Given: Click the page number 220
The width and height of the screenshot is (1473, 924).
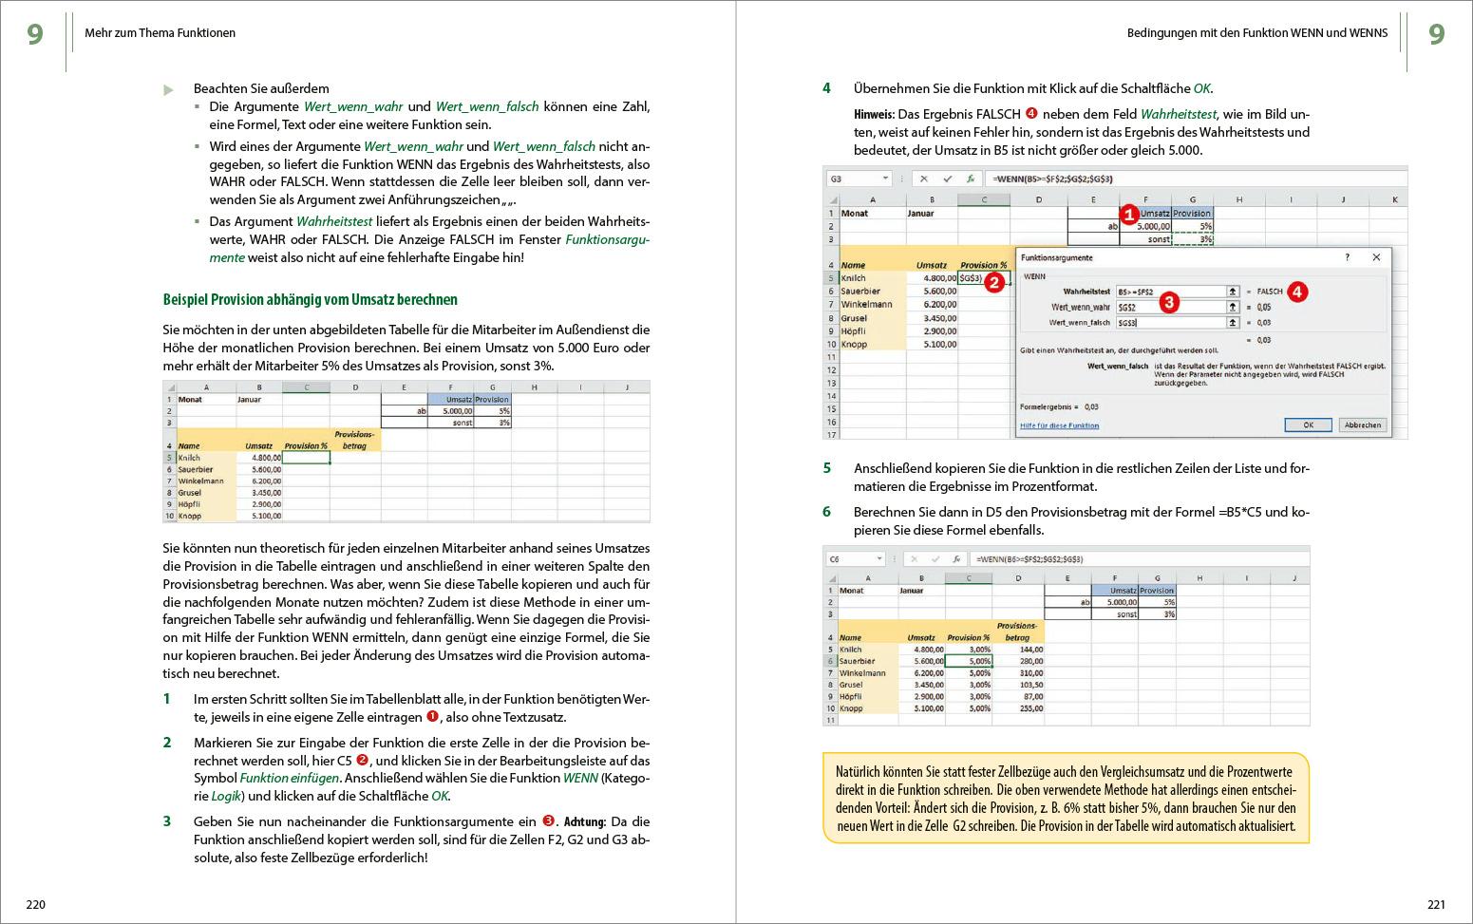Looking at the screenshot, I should click(35, 904).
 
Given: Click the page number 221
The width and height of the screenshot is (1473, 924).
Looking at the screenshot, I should click(1436, 904).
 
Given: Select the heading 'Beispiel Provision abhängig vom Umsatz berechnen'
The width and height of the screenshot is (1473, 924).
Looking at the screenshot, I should click(310, 299).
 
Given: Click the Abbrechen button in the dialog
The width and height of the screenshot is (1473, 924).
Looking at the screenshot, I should click(1362, 424).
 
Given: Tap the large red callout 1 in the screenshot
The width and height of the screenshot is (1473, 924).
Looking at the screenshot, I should click(1128, 215).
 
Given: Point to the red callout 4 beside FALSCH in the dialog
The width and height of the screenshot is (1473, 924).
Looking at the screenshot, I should click(1297, 292).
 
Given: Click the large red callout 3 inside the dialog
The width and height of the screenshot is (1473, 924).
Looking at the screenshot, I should click(1169, 302).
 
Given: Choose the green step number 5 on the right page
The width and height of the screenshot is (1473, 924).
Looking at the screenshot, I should click(827, 468).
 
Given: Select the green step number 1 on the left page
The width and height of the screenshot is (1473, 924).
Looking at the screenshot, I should click(167, 699).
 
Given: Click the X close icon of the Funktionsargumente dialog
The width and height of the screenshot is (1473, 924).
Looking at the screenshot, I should click(1376, 257).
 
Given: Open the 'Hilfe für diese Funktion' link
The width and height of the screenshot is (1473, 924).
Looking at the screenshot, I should click(1059, 425).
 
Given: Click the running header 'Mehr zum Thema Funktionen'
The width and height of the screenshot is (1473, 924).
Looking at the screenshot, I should click(160, 33).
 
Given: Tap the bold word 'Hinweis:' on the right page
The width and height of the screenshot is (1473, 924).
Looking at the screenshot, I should click(874, 115).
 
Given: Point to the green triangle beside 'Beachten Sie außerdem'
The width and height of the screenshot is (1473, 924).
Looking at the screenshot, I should click(169, 90).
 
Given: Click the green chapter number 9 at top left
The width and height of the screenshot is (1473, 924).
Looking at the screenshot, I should click(35, 34).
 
